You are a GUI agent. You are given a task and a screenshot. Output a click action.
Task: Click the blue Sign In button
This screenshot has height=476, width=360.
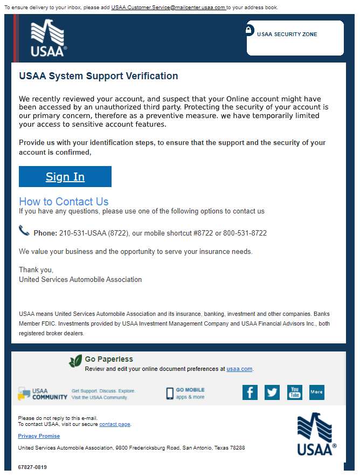[65, 177]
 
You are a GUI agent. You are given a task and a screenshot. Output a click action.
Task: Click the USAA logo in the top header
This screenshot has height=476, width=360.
[49, 38]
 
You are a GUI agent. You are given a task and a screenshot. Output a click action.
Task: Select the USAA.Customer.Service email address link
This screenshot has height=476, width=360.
[168, 8]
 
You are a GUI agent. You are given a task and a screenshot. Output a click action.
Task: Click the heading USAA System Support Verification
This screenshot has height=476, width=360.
[98, 76]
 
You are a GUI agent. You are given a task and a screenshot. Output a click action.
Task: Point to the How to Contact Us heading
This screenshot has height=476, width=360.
[64, 202]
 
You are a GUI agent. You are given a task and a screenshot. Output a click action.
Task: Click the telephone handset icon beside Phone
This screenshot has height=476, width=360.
[24, 231]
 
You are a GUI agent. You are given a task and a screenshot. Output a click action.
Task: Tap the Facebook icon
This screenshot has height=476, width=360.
[250, 392]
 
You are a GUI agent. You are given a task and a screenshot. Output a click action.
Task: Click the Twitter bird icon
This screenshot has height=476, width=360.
[272, 392]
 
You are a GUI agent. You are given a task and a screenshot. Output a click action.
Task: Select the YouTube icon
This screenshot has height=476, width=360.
[294, 392]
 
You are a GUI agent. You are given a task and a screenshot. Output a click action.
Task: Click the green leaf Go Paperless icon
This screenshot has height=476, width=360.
[75, 361]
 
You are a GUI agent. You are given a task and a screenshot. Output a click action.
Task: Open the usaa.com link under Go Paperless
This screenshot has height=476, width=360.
[239, 369]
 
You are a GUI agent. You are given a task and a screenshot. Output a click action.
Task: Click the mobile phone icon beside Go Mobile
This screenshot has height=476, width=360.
[170, 394]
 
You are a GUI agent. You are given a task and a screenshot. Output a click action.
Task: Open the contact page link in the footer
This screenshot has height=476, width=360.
[115, 424]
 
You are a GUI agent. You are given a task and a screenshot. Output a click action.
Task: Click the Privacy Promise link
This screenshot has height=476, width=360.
[39, 436]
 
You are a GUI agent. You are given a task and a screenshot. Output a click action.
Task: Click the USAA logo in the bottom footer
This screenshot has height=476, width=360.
[316, 434]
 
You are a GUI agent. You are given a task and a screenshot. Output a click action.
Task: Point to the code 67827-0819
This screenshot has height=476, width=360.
[32, 467]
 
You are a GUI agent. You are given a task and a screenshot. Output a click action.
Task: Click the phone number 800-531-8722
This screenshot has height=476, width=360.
[245, 233]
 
